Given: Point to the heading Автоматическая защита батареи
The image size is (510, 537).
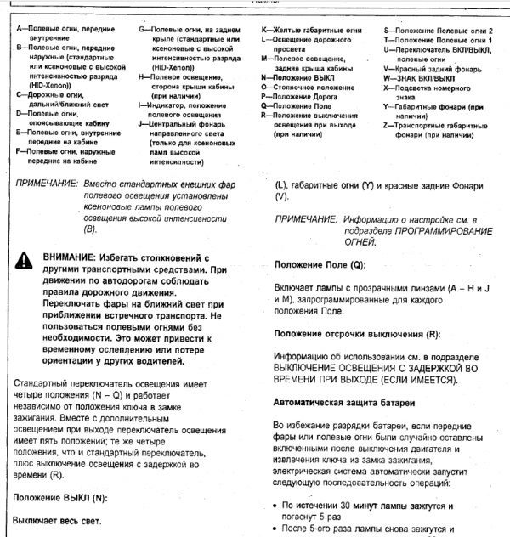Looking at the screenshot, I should [x=343, y=400].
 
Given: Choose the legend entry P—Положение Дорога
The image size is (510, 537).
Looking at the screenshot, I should [x=302, y=96].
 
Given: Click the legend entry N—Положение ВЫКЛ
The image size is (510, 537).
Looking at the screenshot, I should [x=300, y=76].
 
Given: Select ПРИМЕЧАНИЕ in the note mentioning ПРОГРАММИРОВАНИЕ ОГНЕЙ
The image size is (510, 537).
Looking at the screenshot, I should [x=303, y=219].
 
